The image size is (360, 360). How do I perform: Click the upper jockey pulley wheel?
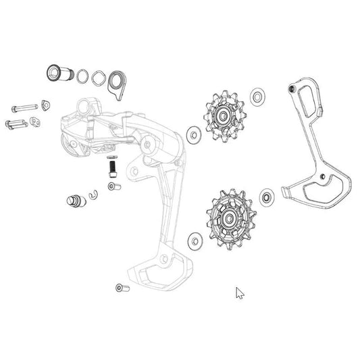coord(222,115)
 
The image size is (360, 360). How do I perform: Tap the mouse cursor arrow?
coord(238,292)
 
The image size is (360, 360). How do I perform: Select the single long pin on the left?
coord(24,107)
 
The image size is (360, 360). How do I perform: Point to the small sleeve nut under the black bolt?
coord(113,184)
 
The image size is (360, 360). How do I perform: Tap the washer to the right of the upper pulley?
coord(257,96)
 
